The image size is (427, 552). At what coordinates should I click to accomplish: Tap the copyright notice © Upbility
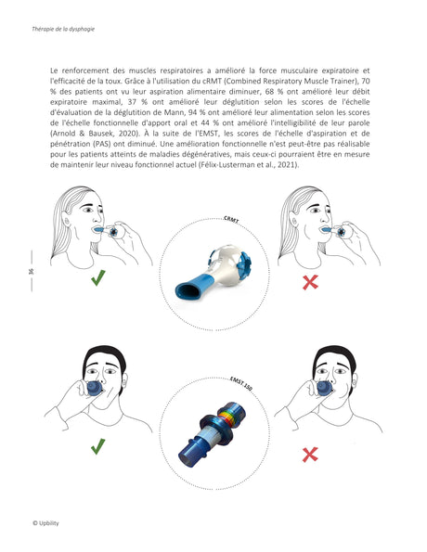coord(45,523)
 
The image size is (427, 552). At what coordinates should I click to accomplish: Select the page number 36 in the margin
coord(31,270)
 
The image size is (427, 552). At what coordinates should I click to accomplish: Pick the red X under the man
coord(311,453)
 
